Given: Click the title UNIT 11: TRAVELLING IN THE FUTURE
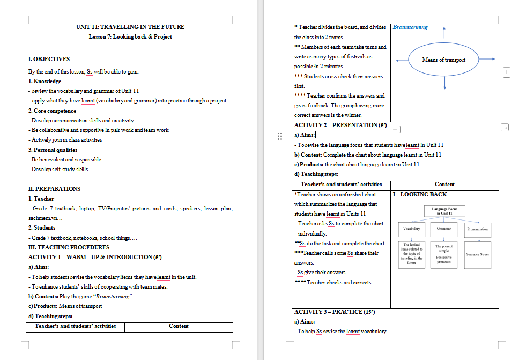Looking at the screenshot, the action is [130, 27].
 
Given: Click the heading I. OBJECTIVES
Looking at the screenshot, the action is [49, 59].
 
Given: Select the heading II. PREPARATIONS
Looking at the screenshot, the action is [54, 189].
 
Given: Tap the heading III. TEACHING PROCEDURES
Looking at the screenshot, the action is [69, 247].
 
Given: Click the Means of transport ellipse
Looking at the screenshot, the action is [444, 60].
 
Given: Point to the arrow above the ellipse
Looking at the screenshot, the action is [444, 32].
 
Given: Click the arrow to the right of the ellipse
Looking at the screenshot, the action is [486, 60].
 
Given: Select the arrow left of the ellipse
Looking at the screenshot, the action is [402, 60].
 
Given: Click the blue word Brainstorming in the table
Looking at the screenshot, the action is [410, 27].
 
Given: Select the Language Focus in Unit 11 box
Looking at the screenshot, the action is [444, 211].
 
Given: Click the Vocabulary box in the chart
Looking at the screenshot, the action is [411, 229].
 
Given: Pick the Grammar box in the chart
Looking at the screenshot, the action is [444, 229].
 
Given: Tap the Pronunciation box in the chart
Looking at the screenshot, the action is [477, 229].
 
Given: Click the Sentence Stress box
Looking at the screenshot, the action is [477, 254].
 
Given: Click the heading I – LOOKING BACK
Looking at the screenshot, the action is [420, 194].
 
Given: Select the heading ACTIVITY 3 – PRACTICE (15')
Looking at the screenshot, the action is [335, 312].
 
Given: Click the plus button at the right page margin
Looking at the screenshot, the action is [506, 72].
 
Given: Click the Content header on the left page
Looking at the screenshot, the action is [179, 326].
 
